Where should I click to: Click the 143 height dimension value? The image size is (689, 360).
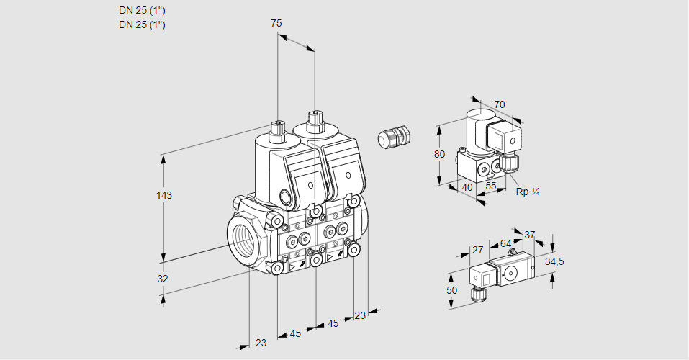pyautogui.click(x=166, y=196)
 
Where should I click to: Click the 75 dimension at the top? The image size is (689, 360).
pyautogui.click(x=276, y=24)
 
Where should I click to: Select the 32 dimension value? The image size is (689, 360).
pyautogui.click(x=163, y=279)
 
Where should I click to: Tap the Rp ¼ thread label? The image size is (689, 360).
pyautogui.click(x=528, y=192)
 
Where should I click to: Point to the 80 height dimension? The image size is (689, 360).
pyautogui.click(x=441, y=154)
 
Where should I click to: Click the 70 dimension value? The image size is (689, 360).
pyautogui.click(x=499, y=105)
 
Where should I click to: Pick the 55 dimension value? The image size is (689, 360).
pyautogui.click(x=492, y=186)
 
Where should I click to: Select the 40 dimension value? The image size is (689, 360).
pyautogui.click(x=467, y=187)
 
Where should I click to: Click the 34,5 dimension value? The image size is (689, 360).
pyautogui.click(x=554, y=261)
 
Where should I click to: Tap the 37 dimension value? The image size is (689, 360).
pyautogui.click(x=529, y=235)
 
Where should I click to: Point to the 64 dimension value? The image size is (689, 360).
pyautogui.click(x=505, y=243)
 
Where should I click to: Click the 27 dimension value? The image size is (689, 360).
pyautogui.click(x=477, y=251)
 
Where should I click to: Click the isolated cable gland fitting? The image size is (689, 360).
pyautogui.click(x=393, y=136)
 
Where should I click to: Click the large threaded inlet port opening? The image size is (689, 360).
pyautogui.click(x=243, y=237)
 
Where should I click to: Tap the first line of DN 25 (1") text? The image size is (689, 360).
pyautogui.click(x=142, y=10)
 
